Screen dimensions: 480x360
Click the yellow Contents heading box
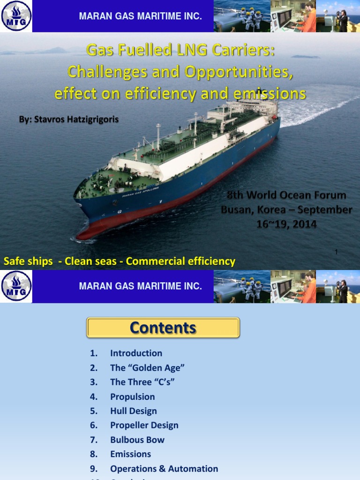pos(163,328)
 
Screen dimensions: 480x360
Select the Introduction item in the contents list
pos(136,353)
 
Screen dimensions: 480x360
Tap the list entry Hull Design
pos(133,411)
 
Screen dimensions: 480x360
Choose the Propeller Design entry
pos(144,425)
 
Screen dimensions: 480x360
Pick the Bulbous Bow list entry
pos(137,440)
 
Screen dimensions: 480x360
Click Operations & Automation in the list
pos(164,468)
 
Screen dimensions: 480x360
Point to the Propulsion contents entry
pos(132,397)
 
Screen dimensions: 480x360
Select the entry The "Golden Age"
pos(144,367)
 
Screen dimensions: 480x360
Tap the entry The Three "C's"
pos(142,382)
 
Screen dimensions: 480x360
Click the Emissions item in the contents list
pos(130,454)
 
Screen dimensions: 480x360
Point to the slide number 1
pos(336,252)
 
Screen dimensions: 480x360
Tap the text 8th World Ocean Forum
pos(286,195)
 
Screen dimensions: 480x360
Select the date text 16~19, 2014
pos(286,224)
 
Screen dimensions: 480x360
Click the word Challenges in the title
pos(106,72)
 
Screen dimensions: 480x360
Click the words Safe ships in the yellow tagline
pos(28,261)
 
